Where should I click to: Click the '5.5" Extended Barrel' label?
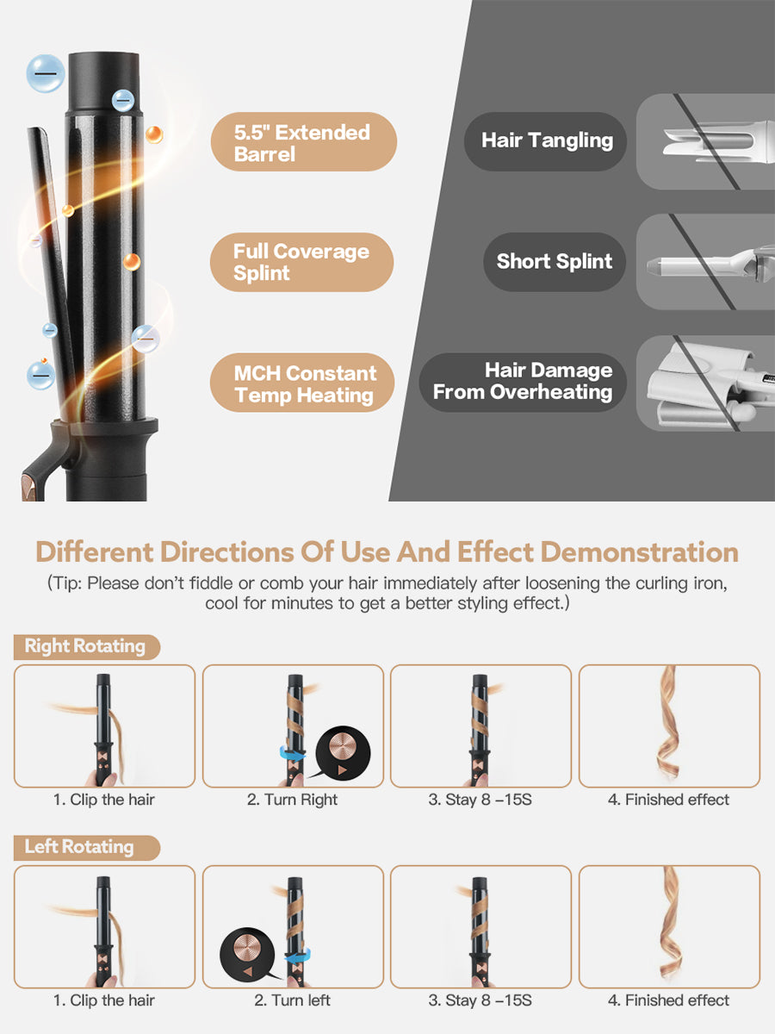303,142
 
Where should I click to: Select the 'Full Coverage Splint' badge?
301,262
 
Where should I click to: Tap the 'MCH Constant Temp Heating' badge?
303,383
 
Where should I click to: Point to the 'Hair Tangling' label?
546,141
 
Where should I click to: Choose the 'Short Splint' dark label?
553,261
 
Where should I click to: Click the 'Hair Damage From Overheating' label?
523,382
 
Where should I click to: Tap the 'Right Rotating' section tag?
85,646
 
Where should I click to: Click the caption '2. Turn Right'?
293,800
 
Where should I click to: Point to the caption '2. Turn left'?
293,1000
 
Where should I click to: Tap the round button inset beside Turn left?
249,954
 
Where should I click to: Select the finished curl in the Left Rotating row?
671,926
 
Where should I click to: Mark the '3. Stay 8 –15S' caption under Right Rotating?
480,800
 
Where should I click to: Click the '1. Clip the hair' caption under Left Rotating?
104,1000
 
